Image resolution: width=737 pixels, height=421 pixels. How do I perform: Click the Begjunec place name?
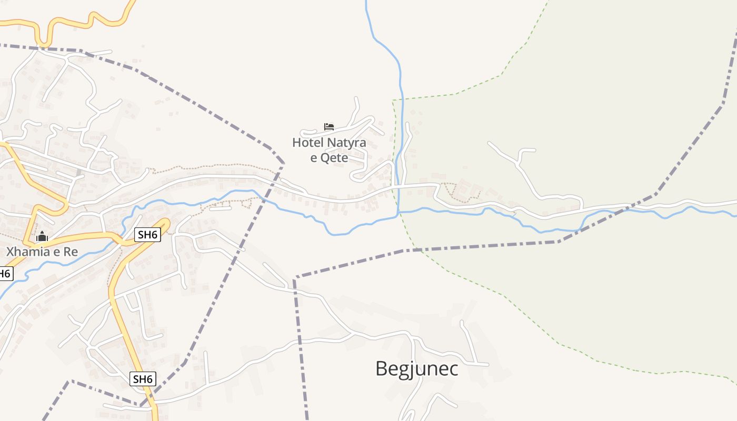[x=416, y=369]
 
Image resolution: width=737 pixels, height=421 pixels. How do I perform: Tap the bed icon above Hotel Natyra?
[x=329, y=127]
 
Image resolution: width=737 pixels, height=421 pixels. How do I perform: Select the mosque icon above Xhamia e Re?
[x=42, y=237]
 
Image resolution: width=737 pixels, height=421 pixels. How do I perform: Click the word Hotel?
[x=308, y=143]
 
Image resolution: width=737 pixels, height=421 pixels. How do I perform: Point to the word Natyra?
[x=346, y=143]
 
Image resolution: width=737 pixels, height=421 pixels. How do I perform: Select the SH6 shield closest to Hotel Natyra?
[x=147, y=235]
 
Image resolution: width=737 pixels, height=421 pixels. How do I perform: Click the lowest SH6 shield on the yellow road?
[x=143, y=379]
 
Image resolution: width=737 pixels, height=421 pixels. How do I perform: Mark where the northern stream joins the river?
[x=399, y=212]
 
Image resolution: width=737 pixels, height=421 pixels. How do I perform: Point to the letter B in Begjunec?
[x=381, y=369]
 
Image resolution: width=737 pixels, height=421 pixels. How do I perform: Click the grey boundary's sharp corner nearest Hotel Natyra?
[x=283, y=165]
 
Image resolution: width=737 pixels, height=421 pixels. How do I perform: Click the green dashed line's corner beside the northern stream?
[x=393, y=100]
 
